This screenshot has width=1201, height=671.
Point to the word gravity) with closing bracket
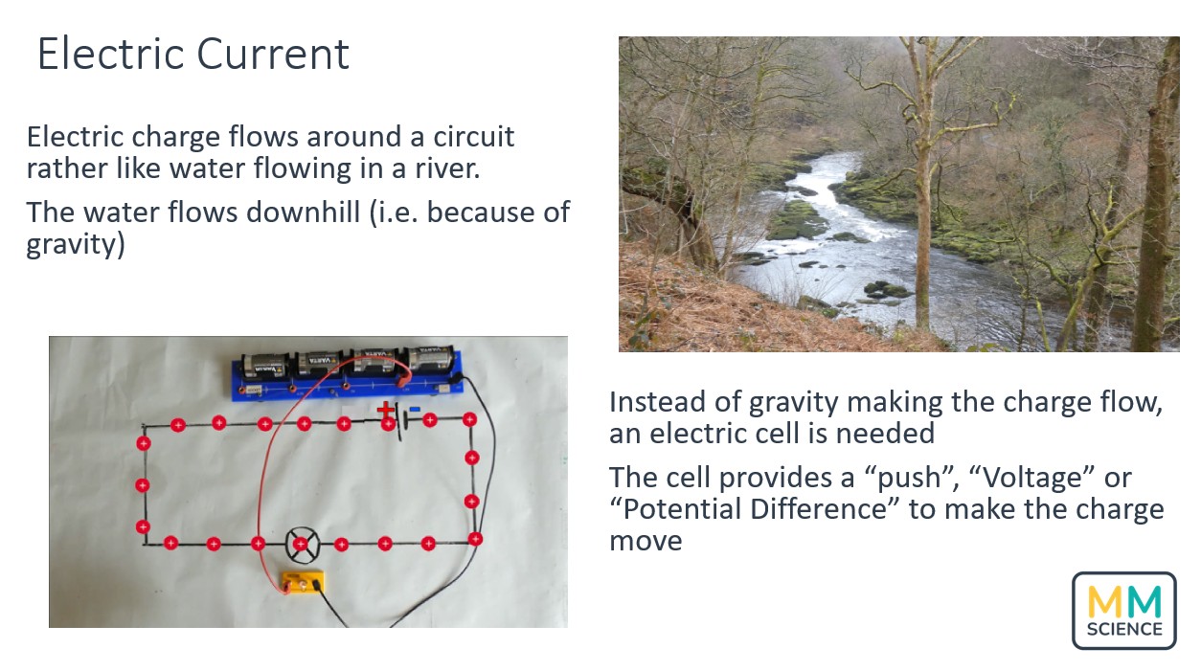coord(76,244)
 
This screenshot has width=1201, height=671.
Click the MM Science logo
coord(1122,610)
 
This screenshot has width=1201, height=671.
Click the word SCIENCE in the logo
coord(1123,629)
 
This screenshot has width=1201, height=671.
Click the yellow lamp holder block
coord(302,582)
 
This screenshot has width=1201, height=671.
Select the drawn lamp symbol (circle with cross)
coord(300,543)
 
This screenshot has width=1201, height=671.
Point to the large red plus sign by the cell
coord(385,410)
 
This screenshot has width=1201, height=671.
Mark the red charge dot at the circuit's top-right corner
coord(469,419)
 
